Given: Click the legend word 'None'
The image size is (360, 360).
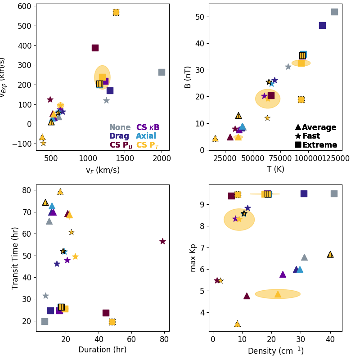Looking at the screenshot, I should tap(120, 127).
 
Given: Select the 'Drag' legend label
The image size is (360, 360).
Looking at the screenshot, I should tap(119, 136).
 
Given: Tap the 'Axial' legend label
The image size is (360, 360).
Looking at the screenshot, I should tap(146, 136).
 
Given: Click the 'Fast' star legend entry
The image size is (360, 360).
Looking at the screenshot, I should tap(307, 136).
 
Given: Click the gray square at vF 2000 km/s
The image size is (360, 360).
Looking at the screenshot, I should tap(162, 72).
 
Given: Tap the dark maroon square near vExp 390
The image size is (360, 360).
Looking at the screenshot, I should tap(95, 48).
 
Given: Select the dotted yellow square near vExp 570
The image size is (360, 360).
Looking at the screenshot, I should tap(116, 12).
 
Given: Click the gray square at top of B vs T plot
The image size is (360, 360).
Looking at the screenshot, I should tap(334, 12).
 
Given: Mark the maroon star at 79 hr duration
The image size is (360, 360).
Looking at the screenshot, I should tap(162, 241).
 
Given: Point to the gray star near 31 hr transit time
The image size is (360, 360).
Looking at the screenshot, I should tap(45, 296).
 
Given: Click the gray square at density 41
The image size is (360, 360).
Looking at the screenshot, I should tap(334, 193).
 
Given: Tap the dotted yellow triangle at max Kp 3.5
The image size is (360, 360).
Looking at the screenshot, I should tap(237, 324).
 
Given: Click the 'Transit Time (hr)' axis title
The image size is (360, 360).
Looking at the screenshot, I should tap(15, 258).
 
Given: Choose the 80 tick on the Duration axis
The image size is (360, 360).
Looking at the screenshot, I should tap(164, 338).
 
